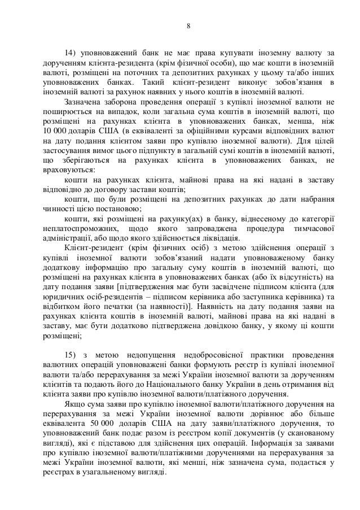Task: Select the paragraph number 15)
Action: click(x=72, y=354)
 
